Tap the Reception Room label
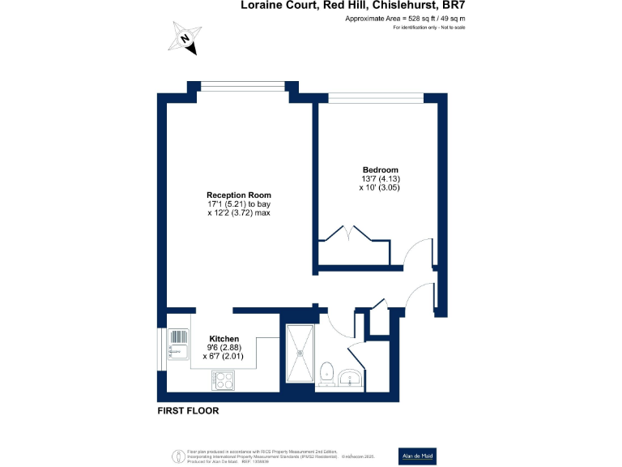coord(238,195)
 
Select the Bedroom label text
coord(380,169)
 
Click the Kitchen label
coord(224,338)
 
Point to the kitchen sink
coord(177,345)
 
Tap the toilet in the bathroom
coord(327,372)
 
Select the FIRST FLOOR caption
coord(188,411)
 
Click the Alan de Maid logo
coord(419,456)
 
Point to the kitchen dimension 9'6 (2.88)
coord(224,347)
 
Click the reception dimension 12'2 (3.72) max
coord(238,214)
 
